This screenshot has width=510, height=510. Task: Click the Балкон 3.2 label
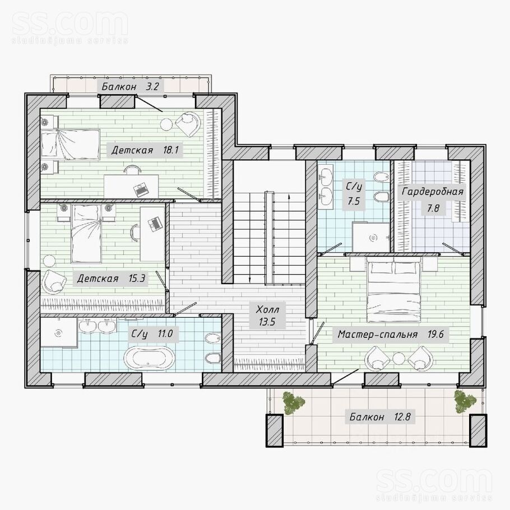tap(130, 86)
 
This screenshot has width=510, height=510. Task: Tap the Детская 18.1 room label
tap(145, 150)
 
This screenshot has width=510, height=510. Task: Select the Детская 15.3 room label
tap(111, 279)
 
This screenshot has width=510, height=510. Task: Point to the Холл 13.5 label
tap(267, 315)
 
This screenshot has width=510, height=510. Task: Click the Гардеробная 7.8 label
tap(432, 200)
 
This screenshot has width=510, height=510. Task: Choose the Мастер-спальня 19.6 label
tap(391, 334)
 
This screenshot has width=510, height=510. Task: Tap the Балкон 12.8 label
tap(380, 416)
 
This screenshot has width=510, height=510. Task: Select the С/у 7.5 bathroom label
tap(354, 194)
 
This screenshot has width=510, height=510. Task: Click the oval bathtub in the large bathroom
tap(150, 358)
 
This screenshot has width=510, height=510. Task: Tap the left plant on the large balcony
tap(294, 403)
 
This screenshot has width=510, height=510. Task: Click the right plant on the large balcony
tap(465, 402)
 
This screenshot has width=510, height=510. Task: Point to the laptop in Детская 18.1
tap(141, 189)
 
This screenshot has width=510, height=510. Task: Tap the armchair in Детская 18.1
tap(188, 124)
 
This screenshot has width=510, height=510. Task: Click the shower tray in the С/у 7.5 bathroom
tap(372, 237)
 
